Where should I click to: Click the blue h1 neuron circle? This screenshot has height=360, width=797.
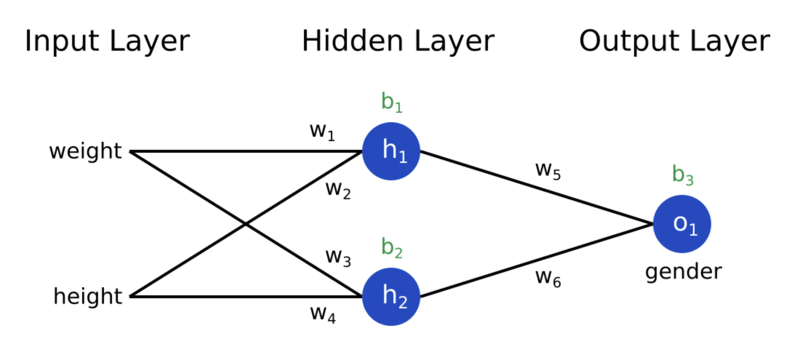pyautogui.click(x=391, y=151)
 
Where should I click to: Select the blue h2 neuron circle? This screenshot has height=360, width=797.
pyautogui.click(x=391, y=296)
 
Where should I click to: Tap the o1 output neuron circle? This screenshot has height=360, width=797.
pyautogui.click(x=682, y=224)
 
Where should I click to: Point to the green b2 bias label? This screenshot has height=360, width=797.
pyautogui.click(x=392, y=248)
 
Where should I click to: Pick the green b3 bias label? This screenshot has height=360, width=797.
pyautogui.click(x=682, y=175)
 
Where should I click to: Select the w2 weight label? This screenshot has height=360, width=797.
pyautogui.click(x=338, y=189)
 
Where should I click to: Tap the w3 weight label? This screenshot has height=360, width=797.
pyautogui.click(x=338, y=257)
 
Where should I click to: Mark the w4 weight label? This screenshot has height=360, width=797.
pyautogui.click(x=323, y=313)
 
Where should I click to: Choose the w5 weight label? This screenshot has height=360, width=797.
pyautogui.click(x=548, y=170)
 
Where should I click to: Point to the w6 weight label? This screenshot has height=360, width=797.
pyautogui.click(x=548, y=278)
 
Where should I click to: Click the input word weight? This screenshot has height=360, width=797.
pyautogui.click(x=85, y=151)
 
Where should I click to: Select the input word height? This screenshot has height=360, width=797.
pyautogui.click(x=88, y=296)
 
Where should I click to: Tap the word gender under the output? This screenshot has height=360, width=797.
pyautogui.click(x=683, y=272)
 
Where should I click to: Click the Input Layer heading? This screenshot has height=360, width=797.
pyautogui.click(x=107, y=41)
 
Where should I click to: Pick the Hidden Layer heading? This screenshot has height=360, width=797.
pyautogui.click(x=398, y=41)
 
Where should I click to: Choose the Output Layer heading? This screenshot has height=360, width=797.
pyautogui.click(x=674, y=41)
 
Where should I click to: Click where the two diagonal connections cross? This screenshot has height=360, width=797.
pyautogui.click(x=246, y=224)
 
